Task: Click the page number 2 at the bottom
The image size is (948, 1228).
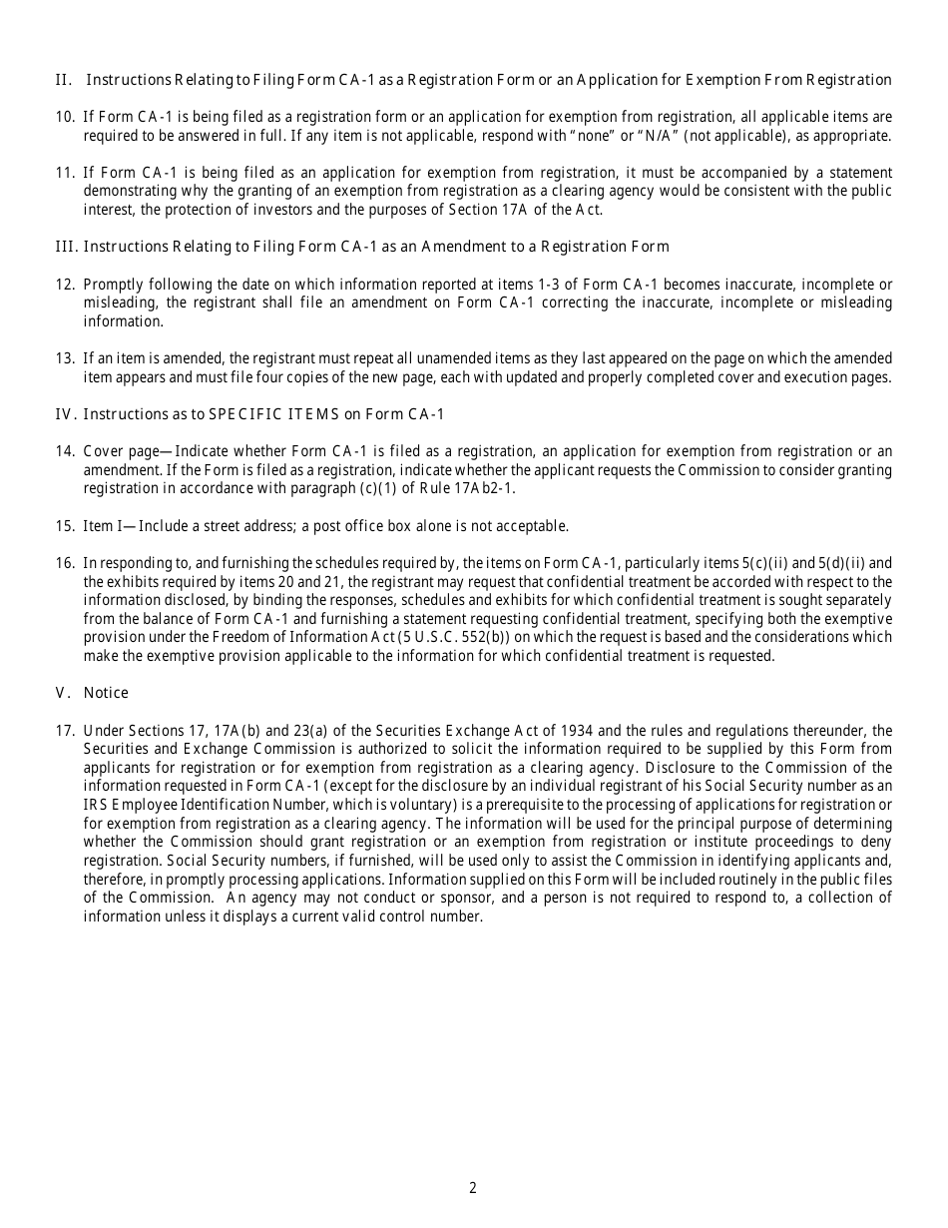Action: pos(473,1187)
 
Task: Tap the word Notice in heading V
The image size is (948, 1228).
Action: pos(106,692)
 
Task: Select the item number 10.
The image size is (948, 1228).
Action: pos(65,117)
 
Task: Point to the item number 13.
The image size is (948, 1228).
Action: pos(65,358)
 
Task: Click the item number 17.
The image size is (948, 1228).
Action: pos(65,730)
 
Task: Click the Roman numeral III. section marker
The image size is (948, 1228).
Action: pos(65,246)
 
